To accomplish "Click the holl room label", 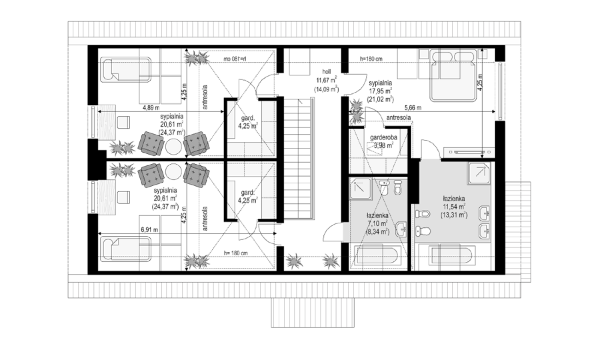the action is (x=327, y=72).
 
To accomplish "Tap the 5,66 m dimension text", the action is (x=413, y=108).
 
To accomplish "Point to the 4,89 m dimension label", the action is (x=151, y=108).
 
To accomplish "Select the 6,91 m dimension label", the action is (x=150, y=230).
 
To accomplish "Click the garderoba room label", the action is (x=384, y=138).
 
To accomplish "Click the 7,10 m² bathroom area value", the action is (x=377, y=223).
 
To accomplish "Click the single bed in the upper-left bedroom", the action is (x=126, y=69).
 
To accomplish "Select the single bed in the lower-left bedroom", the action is (x=126, y=249).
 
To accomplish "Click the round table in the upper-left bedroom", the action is (x=174, y=146).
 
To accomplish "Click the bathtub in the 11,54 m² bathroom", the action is (x=452, y=256).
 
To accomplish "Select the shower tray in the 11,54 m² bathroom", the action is (x=479, y=173).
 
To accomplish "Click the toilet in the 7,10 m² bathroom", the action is (x=398, y=187).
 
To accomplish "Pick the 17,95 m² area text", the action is (x=381, y=91).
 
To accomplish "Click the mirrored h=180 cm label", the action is (x=235, y=58).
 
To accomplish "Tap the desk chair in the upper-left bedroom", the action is (x=123, y=122).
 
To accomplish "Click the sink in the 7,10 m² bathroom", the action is (x=401, y=229).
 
